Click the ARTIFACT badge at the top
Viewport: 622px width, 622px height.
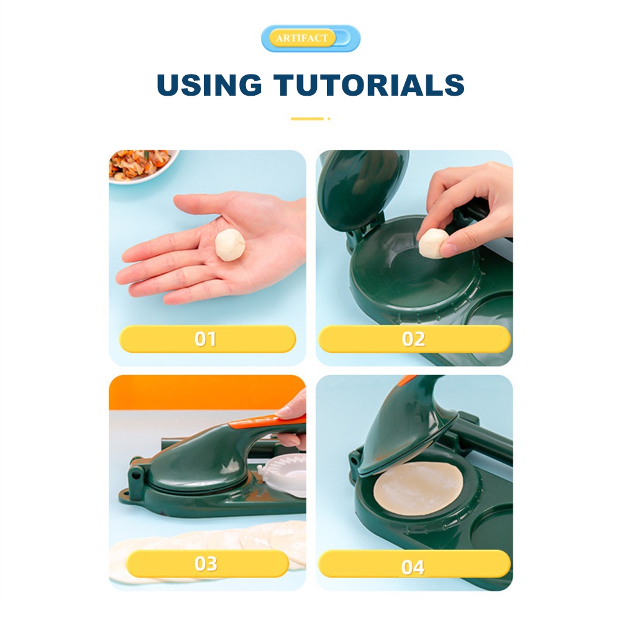(311, 39)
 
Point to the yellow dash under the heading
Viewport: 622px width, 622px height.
(308, 118)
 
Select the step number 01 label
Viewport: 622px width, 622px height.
(206, 339)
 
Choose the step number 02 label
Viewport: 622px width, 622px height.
(414, 339)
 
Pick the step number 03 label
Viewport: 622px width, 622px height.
(206, 564)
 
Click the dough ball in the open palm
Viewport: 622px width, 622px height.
(230, 244)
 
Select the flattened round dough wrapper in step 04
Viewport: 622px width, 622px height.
(418, 488)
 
